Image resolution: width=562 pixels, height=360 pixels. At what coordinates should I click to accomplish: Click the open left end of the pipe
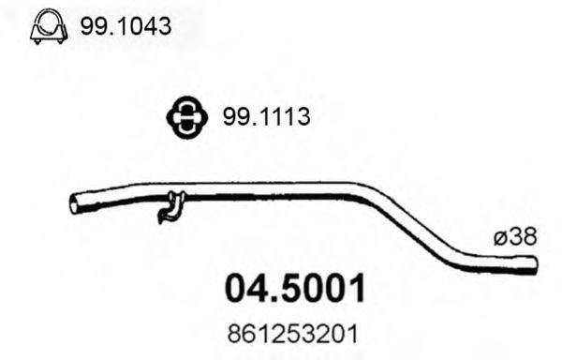[x=76, y=203]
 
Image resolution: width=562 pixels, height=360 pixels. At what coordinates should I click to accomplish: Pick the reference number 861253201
[x=296, y=334]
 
